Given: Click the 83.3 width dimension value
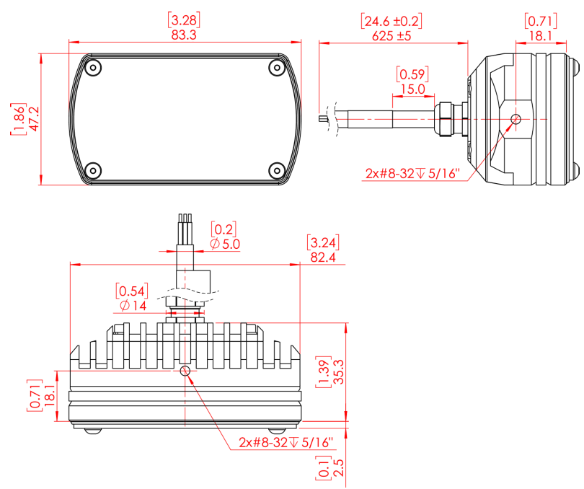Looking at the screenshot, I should tap(184, 33).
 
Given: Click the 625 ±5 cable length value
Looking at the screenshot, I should tap(391, 35).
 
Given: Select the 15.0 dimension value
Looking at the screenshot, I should tap(412, 89).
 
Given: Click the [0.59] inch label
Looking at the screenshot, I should tap(412, 74).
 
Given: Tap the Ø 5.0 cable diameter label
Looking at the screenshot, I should tap(225, 244).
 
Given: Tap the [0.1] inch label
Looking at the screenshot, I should tap(322, 470).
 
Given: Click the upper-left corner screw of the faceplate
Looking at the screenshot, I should tap(92, 68).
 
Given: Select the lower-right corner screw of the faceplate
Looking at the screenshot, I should tap(277, 171).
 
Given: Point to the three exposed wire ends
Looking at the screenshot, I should tap(185, 219).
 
